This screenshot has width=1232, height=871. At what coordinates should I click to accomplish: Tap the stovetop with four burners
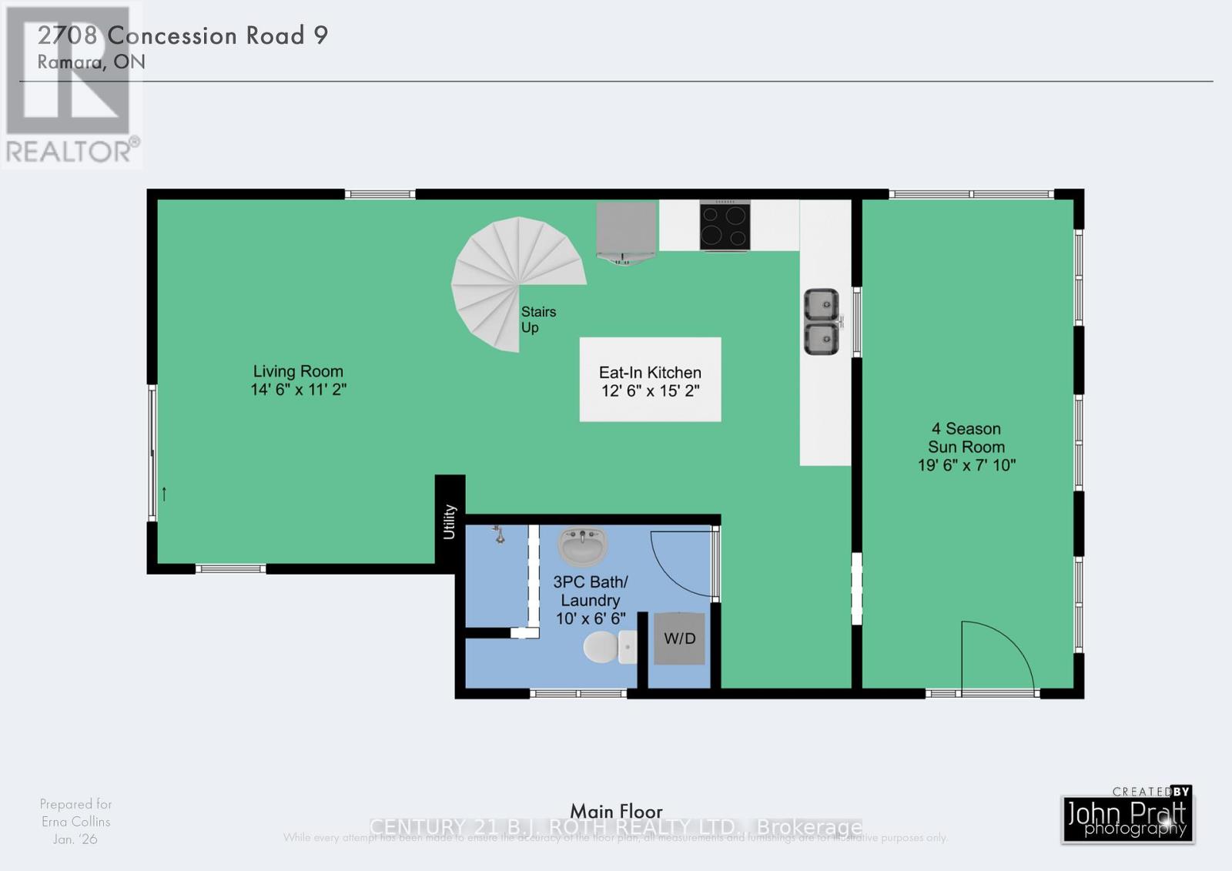(725, 225)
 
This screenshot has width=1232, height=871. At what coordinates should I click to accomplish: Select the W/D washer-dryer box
(679, 638)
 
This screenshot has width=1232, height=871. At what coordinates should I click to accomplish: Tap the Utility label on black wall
(450, 521)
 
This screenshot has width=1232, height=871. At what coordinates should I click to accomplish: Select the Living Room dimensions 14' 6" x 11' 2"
(298, 390)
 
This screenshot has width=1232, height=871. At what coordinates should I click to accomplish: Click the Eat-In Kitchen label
(650, 373)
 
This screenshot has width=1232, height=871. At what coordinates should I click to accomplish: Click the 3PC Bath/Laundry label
(591, 591)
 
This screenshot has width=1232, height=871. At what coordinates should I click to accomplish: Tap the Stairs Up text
(537, 320)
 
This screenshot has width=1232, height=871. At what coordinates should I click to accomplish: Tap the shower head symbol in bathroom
(499, 534)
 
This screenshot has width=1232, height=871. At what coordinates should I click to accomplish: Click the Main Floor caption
(616, 811)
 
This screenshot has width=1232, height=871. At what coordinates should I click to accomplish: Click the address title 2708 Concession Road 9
(183, 35)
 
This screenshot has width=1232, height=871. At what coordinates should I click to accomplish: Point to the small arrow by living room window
(164, 494)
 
